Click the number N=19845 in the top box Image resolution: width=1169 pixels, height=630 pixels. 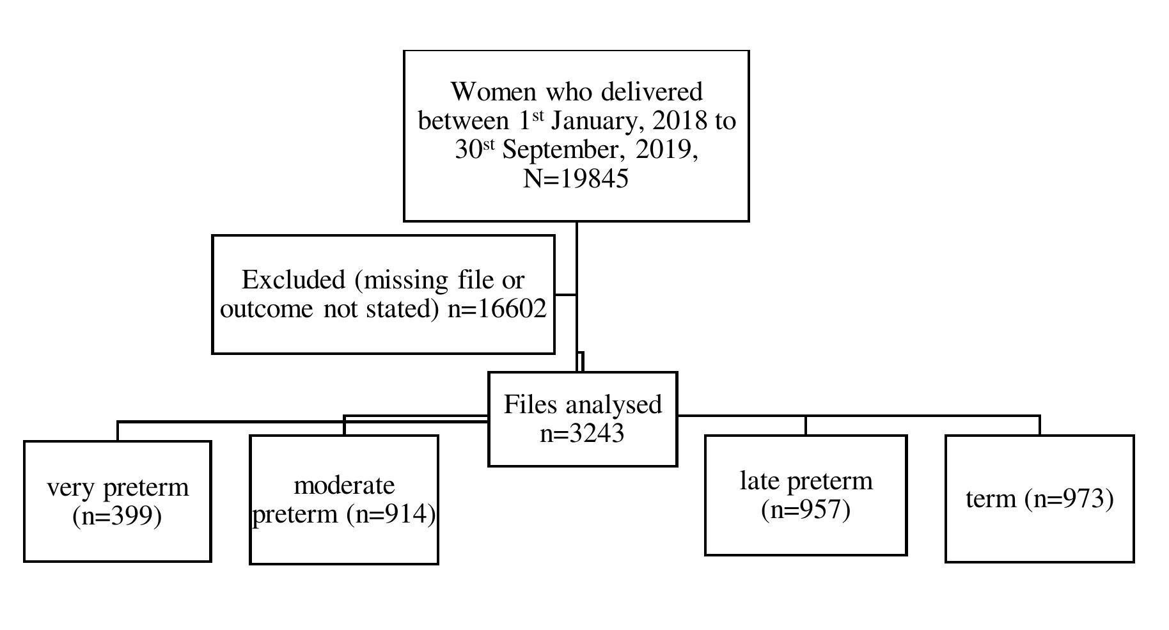pyautogui.click(x=576, y=178)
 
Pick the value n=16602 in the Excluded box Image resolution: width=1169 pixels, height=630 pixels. pyautogui.click(x=497, y=309)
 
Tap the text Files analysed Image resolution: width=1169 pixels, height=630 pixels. pyautogui.click(x=583, y=405)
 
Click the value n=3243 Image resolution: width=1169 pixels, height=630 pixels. pyautogui.click(x=583, y=434)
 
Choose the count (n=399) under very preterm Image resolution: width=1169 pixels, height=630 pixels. pyautogui.click(x=117, y=516)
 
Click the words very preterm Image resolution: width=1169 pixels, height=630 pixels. pyautogui.click(x=118, y=487)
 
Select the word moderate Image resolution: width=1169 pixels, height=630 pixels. pyautogui.click(x=344, y=485)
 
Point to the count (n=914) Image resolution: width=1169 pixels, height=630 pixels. pyautogui.click(x=391, y=514)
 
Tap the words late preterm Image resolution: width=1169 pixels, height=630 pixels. pyautogui.click(x=806, y=481)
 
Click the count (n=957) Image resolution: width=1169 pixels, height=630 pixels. pyautogui.click(x=806, y=510)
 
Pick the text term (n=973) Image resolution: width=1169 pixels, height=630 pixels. pyautogui.click(x=1039, y=499)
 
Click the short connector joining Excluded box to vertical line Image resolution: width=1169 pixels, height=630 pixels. pyautogui.click(x=565, y=295)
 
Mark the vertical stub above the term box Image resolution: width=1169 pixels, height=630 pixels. pyautogui.click(x=1039, y=425)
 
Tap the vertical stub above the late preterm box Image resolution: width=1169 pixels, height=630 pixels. pyautogui.click(x=806, y=425)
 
